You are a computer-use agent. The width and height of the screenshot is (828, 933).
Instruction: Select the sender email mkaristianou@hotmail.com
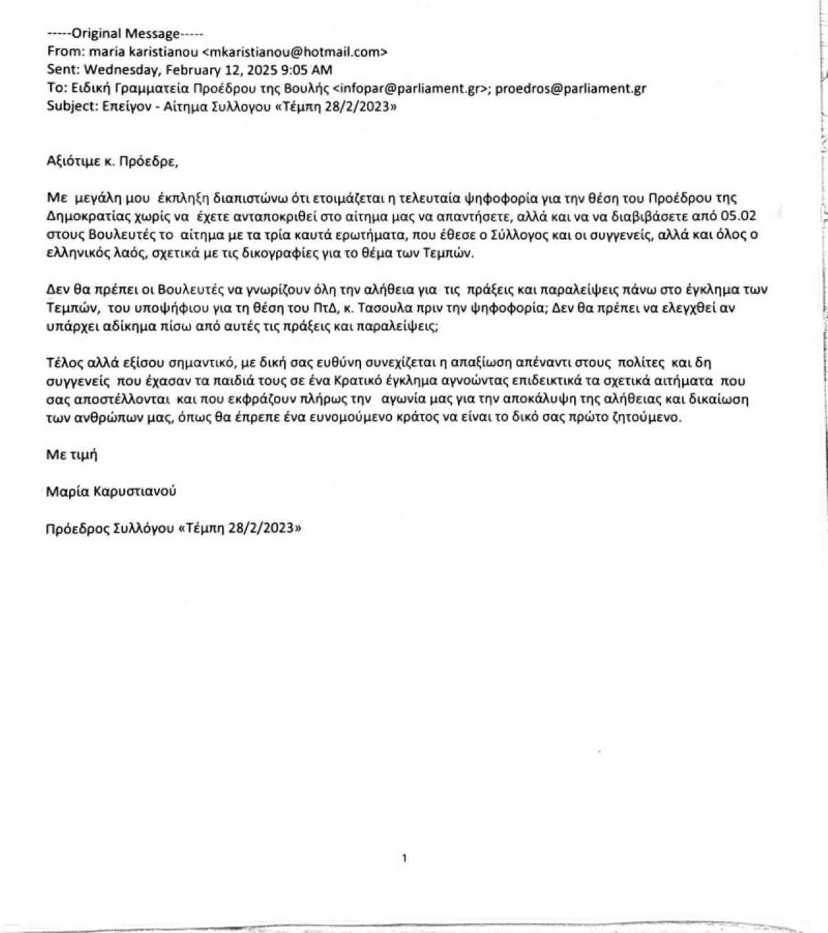pos(295,52)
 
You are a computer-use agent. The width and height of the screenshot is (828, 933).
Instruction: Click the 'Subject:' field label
pos(68,106)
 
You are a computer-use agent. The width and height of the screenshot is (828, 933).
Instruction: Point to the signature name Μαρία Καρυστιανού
pos(110,491)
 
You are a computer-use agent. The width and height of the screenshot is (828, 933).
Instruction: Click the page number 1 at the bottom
pos(404,858)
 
